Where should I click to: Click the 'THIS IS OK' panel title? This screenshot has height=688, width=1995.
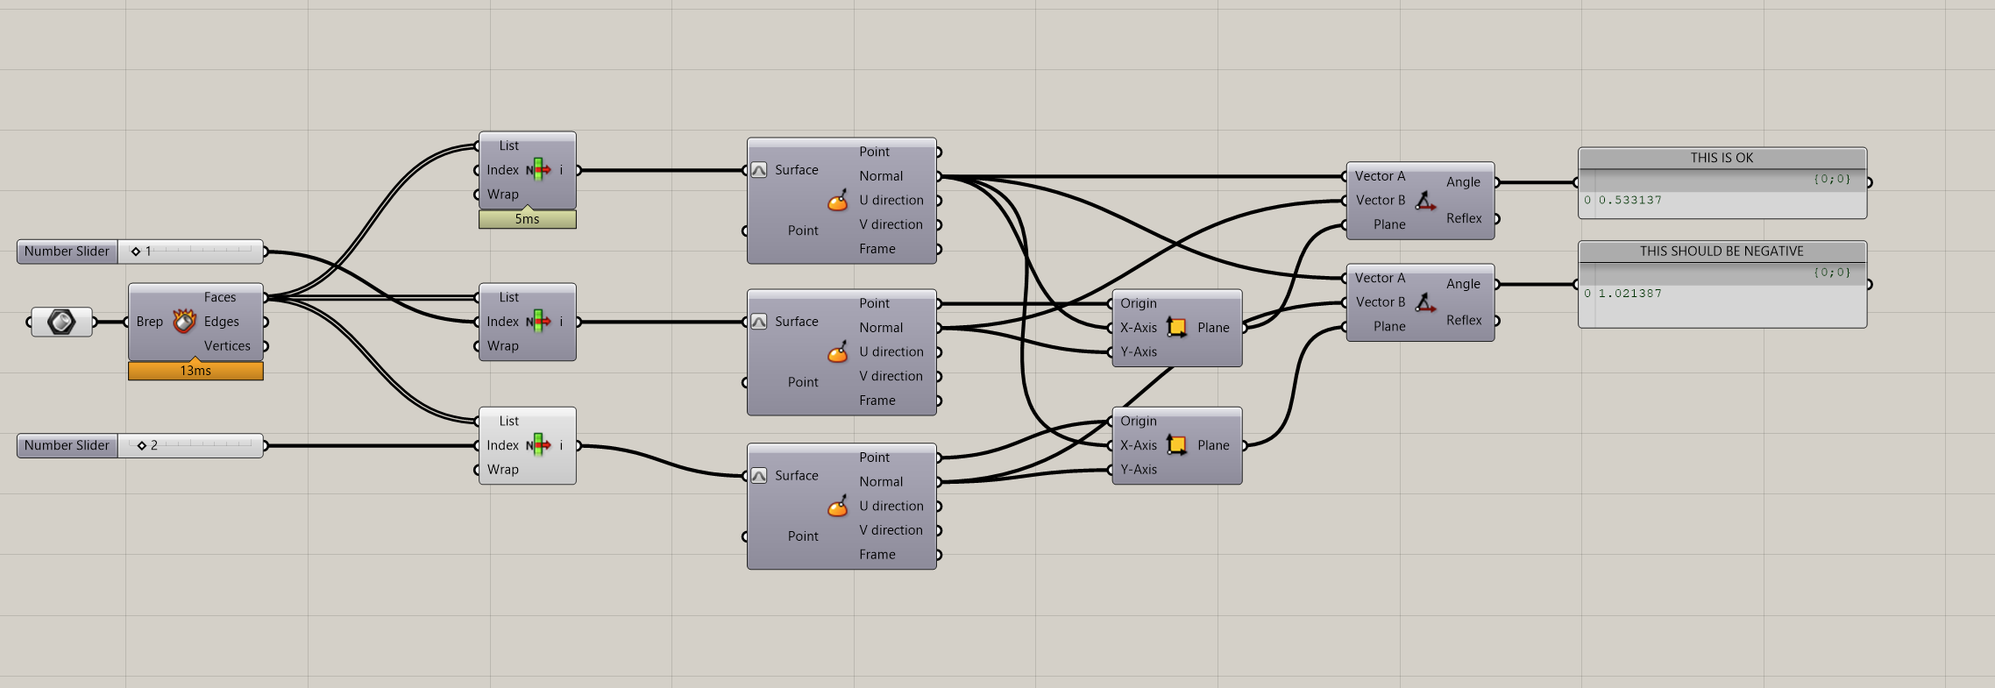coord(1722,158)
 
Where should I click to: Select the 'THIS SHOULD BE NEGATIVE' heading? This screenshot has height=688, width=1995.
coord(1722,252)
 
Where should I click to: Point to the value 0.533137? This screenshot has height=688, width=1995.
coord(1629,201)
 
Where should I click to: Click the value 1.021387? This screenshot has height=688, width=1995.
coord(1629,294)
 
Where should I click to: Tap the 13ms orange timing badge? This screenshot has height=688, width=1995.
coord(195,371)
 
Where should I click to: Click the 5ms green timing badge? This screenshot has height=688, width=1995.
coord(527,219)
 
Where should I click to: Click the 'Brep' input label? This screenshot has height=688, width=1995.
coord(150,322)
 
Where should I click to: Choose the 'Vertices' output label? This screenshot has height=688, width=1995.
coord(227,346)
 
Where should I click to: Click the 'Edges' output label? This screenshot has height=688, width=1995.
coord(221,322)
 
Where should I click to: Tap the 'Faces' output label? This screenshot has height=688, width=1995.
coord(220,297)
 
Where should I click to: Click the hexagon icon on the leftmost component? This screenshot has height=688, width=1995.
coord(61,322)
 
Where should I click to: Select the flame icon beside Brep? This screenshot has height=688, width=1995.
coord(184,322)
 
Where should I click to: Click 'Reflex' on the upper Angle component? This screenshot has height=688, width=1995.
coord(1464,218)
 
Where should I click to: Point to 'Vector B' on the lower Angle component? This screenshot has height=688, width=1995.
coord(1381,302)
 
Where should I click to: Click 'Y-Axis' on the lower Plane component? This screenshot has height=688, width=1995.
coord(1139,470)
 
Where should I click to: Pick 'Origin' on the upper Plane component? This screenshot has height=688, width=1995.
coord(1139,303)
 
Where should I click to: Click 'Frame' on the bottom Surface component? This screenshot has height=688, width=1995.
coord(877,555)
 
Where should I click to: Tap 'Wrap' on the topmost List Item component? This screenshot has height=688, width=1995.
coord(503,195)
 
